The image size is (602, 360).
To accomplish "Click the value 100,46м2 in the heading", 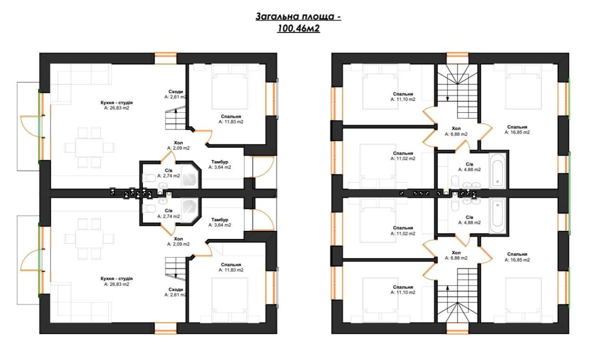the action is coord(298,28).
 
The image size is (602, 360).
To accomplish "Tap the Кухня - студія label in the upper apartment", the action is coord(117,103).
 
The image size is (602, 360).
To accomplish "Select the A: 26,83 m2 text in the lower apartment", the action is coord(117,284).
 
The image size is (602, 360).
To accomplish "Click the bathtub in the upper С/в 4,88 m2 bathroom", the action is coord(498,170).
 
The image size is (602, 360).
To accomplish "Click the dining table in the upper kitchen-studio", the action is coord(89,147).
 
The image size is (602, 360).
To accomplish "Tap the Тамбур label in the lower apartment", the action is coord(219,219).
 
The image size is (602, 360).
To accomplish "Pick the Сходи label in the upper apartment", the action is coord(176,92).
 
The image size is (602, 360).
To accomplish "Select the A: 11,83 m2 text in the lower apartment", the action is coord(231,270).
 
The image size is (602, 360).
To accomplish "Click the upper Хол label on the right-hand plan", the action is coord(456,129).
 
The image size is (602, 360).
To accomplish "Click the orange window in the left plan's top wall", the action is coord(166,58).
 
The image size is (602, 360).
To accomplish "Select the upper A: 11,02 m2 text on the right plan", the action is coord(403,159).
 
